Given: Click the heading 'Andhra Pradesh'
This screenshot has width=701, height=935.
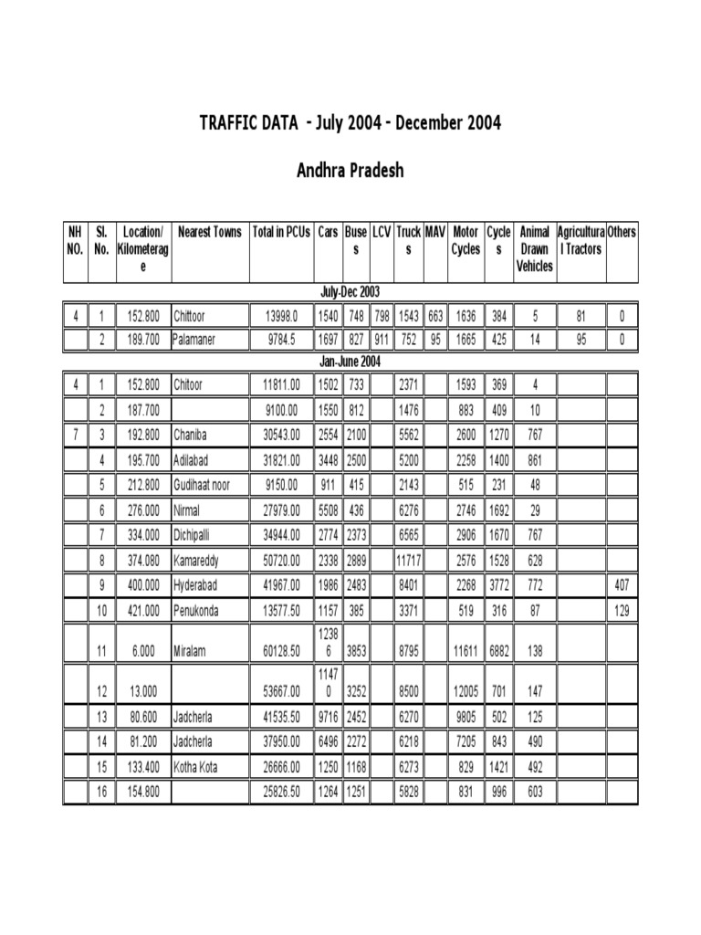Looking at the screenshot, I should (x=350, y=171).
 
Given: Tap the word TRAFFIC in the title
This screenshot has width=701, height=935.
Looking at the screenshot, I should (x=234, y=123).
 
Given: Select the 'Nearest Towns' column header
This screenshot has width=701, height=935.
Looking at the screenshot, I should (x=210, y=233).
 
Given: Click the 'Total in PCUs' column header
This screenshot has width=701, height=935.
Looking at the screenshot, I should (x=282, y=233).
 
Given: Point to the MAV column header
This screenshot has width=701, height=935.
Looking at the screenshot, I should (x=435, y=233).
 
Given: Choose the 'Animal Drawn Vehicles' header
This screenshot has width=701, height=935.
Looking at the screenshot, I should (x=534, y=249).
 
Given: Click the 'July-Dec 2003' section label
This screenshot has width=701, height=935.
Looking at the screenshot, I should (x=350, y=292).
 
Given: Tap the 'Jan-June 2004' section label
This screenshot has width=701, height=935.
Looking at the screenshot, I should (x=350, y=362).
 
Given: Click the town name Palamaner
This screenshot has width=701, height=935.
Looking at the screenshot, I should (x=201, y=341).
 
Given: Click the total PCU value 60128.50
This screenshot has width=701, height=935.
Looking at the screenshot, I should (x=282, y=651).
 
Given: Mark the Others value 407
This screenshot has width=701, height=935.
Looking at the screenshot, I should (x=623, y=584).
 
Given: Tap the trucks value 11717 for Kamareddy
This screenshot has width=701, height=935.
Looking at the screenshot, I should (x=409, y=559).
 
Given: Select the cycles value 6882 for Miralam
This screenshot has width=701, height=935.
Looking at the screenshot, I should (x=498, y=651).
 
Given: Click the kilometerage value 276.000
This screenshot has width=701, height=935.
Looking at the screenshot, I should (x=144, y=510).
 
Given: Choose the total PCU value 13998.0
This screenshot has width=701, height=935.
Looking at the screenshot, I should (x=282, y=317).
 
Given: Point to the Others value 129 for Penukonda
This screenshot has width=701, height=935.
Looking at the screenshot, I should (x=623, y=610).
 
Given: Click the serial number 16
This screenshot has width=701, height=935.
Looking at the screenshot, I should (x=102, y=793).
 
